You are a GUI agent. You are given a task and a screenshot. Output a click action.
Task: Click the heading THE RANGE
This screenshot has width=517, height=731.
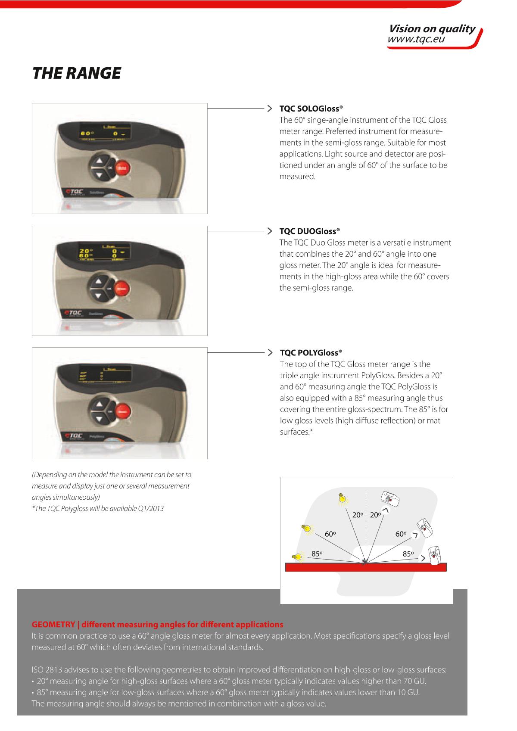77,73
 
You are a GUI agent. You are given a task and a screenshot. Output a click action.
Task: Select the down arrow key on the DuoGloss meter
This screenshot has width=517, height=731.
98,296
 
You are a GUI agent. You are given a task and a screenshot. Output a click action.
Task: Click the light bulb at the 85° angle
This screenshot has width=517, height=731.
297,557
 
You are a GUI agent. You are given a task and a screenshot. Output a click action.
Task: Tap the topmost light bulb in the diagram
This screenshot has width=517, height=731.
343,498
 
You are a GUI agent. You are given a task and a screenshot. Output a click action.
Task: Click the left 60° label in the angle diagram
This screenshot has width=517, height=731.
330,534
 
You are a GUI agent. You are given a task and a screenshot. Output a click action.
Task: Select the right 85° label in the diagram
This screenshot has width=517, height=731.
408,554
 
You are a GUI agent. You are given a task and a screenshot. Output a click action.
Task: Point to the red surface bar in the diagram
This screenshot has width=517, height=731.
366,567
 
